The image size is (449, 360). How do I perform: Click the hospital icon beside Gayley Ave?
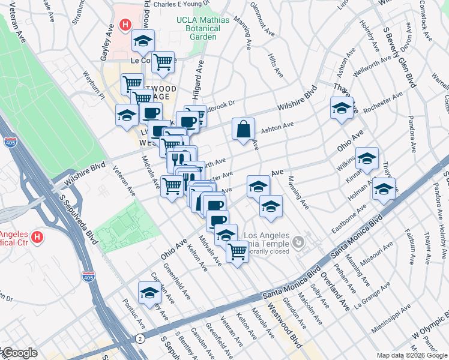(x=125, y=25)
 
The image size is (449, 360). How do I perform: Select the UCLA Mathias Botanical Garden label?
(x=202, y=28)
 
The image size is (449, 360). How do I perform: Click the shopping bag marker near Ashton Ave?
(x=243, y=130)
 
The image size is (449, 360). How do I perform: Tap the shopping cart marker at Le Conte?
(x=163, y=61)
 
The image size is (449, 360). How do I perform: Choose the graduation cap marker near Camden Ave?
(x=149, y=293)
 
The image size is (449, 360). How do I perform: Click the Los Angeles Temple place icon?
(x=298, y=242)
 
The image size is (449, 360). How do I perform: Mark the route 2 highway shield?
(x=139, y=339)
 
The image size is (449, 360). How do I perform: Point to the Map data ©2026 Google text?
(x=412, y=355)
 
